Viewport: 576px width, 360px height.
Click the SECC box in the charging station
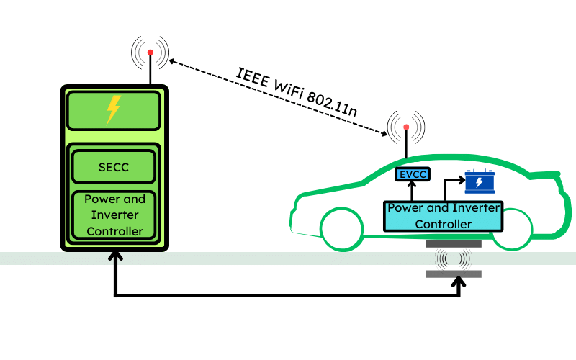[x=114, y=167]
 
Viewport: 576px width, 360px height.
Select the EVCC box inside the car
[x=412, y=174]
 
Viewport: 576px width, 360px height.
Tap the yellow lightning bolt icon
[x=113, y=109]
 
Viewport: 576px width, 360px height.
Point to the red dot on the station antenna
[x=150, y=53]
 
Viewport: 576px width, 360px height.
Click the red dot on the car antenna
[x=406, y=127]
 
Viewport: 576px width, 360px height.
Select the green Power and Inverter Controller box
[x=114, y=215]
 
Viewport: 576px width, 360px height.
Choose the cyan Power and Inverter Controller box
[x=443, y=215]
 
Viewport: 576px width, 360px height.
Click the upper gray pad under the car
[x=453, y=243]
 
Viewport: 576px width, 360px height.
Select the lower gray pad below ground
[x=453, y=274]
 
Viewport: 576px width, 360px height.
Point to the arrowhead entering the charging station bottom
[x=114, y=256]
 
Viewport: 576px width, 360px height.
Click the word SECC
[x=114, y=167]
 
